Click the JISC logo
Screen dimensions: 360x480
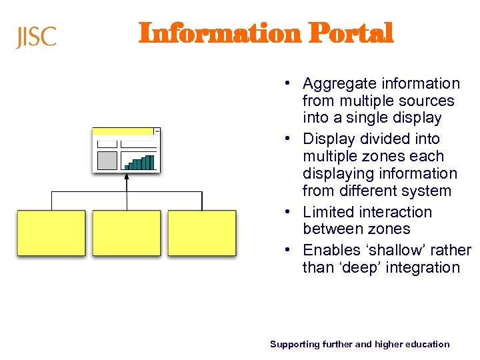36,37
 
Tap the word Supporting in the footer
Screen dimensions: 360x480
293,344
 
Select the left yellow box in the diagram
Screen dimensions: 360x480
51,233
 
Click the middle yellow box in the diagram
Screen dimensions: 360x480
127,233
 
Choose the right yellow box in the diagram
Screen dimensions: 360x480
202,233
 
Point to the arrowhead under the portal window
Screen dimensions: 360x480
127,177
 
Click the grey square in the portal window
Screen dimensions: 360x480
107,161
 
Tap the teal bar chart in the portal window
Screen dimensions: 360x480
140,163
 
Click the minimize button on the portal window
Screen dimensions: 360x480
157,131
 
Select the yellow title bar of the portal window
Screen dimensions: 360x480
123,131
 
